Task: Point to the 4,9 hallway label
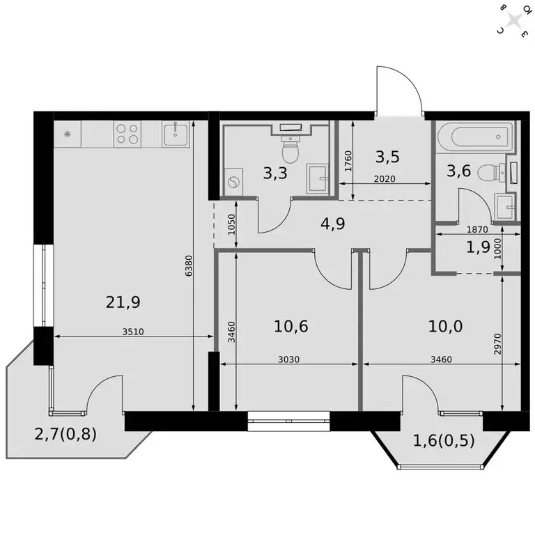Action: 332,224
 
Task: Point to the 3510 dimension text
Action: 132,332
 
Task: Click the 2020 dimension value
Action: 384,179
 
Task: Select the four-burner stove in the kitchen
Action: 127,133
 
